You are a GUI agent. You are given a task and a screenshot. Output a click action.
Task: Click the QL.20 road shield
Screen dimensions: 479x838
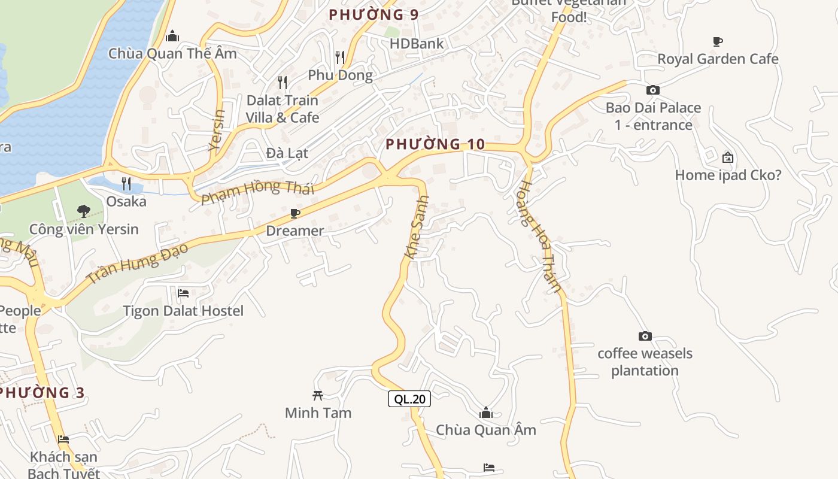(409, 399)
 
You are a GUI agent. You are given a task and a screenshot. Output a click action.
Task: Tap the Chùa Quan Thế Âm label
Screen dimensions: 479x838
(172, 53)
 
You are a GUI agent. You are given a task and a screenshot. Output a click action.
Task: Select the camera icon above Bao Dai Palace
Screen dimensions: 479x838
(653, 90)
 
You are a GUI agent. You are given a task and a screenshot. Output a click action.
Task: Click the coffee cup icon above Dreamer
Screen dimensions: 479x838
(294, 213)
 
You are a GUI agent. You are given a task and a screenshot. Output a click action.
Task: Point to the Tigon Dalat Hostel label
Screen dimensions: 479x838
(183, 311)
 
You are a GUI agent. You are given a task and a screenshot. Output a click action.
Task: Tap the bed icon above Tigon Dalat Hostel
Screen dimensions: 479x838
(183, 293)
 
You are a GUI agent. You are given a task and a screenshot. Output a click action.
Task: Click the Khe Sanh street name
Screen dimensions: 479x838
(417, 227)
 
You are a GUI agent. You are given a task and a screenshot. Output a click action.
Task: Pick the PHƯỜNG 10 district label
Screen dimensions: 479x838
(435, 144)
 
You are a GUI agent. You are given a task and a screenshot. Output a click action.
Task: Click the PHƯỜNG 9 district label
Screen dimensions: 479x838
(374, 14)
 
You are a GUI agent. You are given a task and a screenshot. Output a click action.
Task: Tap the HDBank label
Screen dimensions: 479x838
(417, 44)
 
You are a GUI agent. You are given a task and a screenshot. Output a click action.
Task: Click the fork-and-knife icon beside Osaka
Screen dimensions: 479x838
(126, 183)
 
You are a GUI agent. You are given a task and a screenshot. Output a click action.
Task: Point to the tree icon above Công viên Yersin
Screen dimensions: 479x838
(84, 211)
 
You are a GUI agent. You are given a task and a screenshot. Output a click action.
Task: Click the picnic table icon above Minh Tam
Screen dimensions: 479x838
(318, 395)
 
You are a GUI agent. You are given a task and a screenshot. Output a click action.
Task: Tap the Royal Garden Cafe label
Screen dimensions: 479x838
(718, 59)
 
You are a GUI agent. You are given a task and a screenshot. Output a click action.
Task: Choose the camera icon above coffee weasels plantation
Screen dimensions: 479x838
(645, 336)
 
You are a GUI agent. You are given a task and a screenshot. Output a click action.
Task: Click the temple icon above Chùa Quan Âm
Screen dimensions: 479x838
(486, 413)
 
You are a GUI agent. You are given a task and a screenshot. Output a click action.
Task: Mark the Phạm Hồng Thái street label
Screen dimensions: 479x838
(257, 191)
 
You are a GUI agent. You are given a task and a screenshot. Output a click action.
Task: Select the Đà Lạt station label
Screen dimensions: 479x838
(287, 153)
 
